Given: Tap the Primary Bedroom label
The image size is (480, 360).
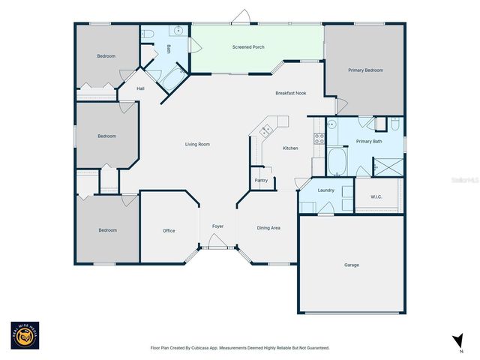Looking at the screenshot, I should pyautogui.click(x=365, y=70).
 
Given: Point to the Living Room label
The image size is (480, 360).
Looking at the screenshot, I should pyautogui.click(x=198, y=144).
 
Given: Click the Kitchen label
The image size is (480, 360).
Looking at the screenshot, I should pyautogui.click(x=290, y=148).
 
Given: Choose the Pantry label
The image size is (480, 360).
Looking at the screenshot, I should pyautogui.click(x=261, y=180).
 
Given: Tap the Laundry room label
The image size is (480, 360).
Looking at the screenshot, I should pyautogui.click(x=325, y=190).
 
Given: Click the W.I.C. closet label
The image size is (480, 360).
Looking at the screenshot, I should pyautogui.click(x=376, y=197).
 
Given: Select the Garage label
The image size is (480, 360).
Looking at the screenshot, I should pyautogui.click(x=351, y=265).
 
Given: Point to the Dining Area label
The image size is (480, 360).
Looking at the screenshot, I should pyautogui.click(x=268, y=228).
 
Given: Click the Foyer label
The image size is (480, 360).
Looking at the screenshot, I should pyautogui.click(x=217, y=226).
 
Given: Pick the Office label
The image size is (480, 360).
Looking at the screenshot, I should pyautogui.click(x=169, y=230).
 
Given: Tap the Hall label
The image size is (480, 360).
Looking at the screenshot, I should pyautogui.click(x=140, y=88).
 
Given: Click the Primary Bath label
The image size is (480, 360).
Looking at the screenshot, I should pyautogui.click(x=368, y=141).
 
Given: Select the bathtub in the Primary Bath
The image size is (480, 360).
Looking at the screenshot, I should pyautogui.click(x=338, y=160).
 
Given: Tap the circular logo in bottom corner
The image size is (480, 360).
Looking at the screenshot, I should pyautogui.click(x=25, y=336).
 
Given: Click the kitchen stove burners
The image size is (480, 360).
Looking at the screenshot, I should pyautogui.click(x=319, y=138).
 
